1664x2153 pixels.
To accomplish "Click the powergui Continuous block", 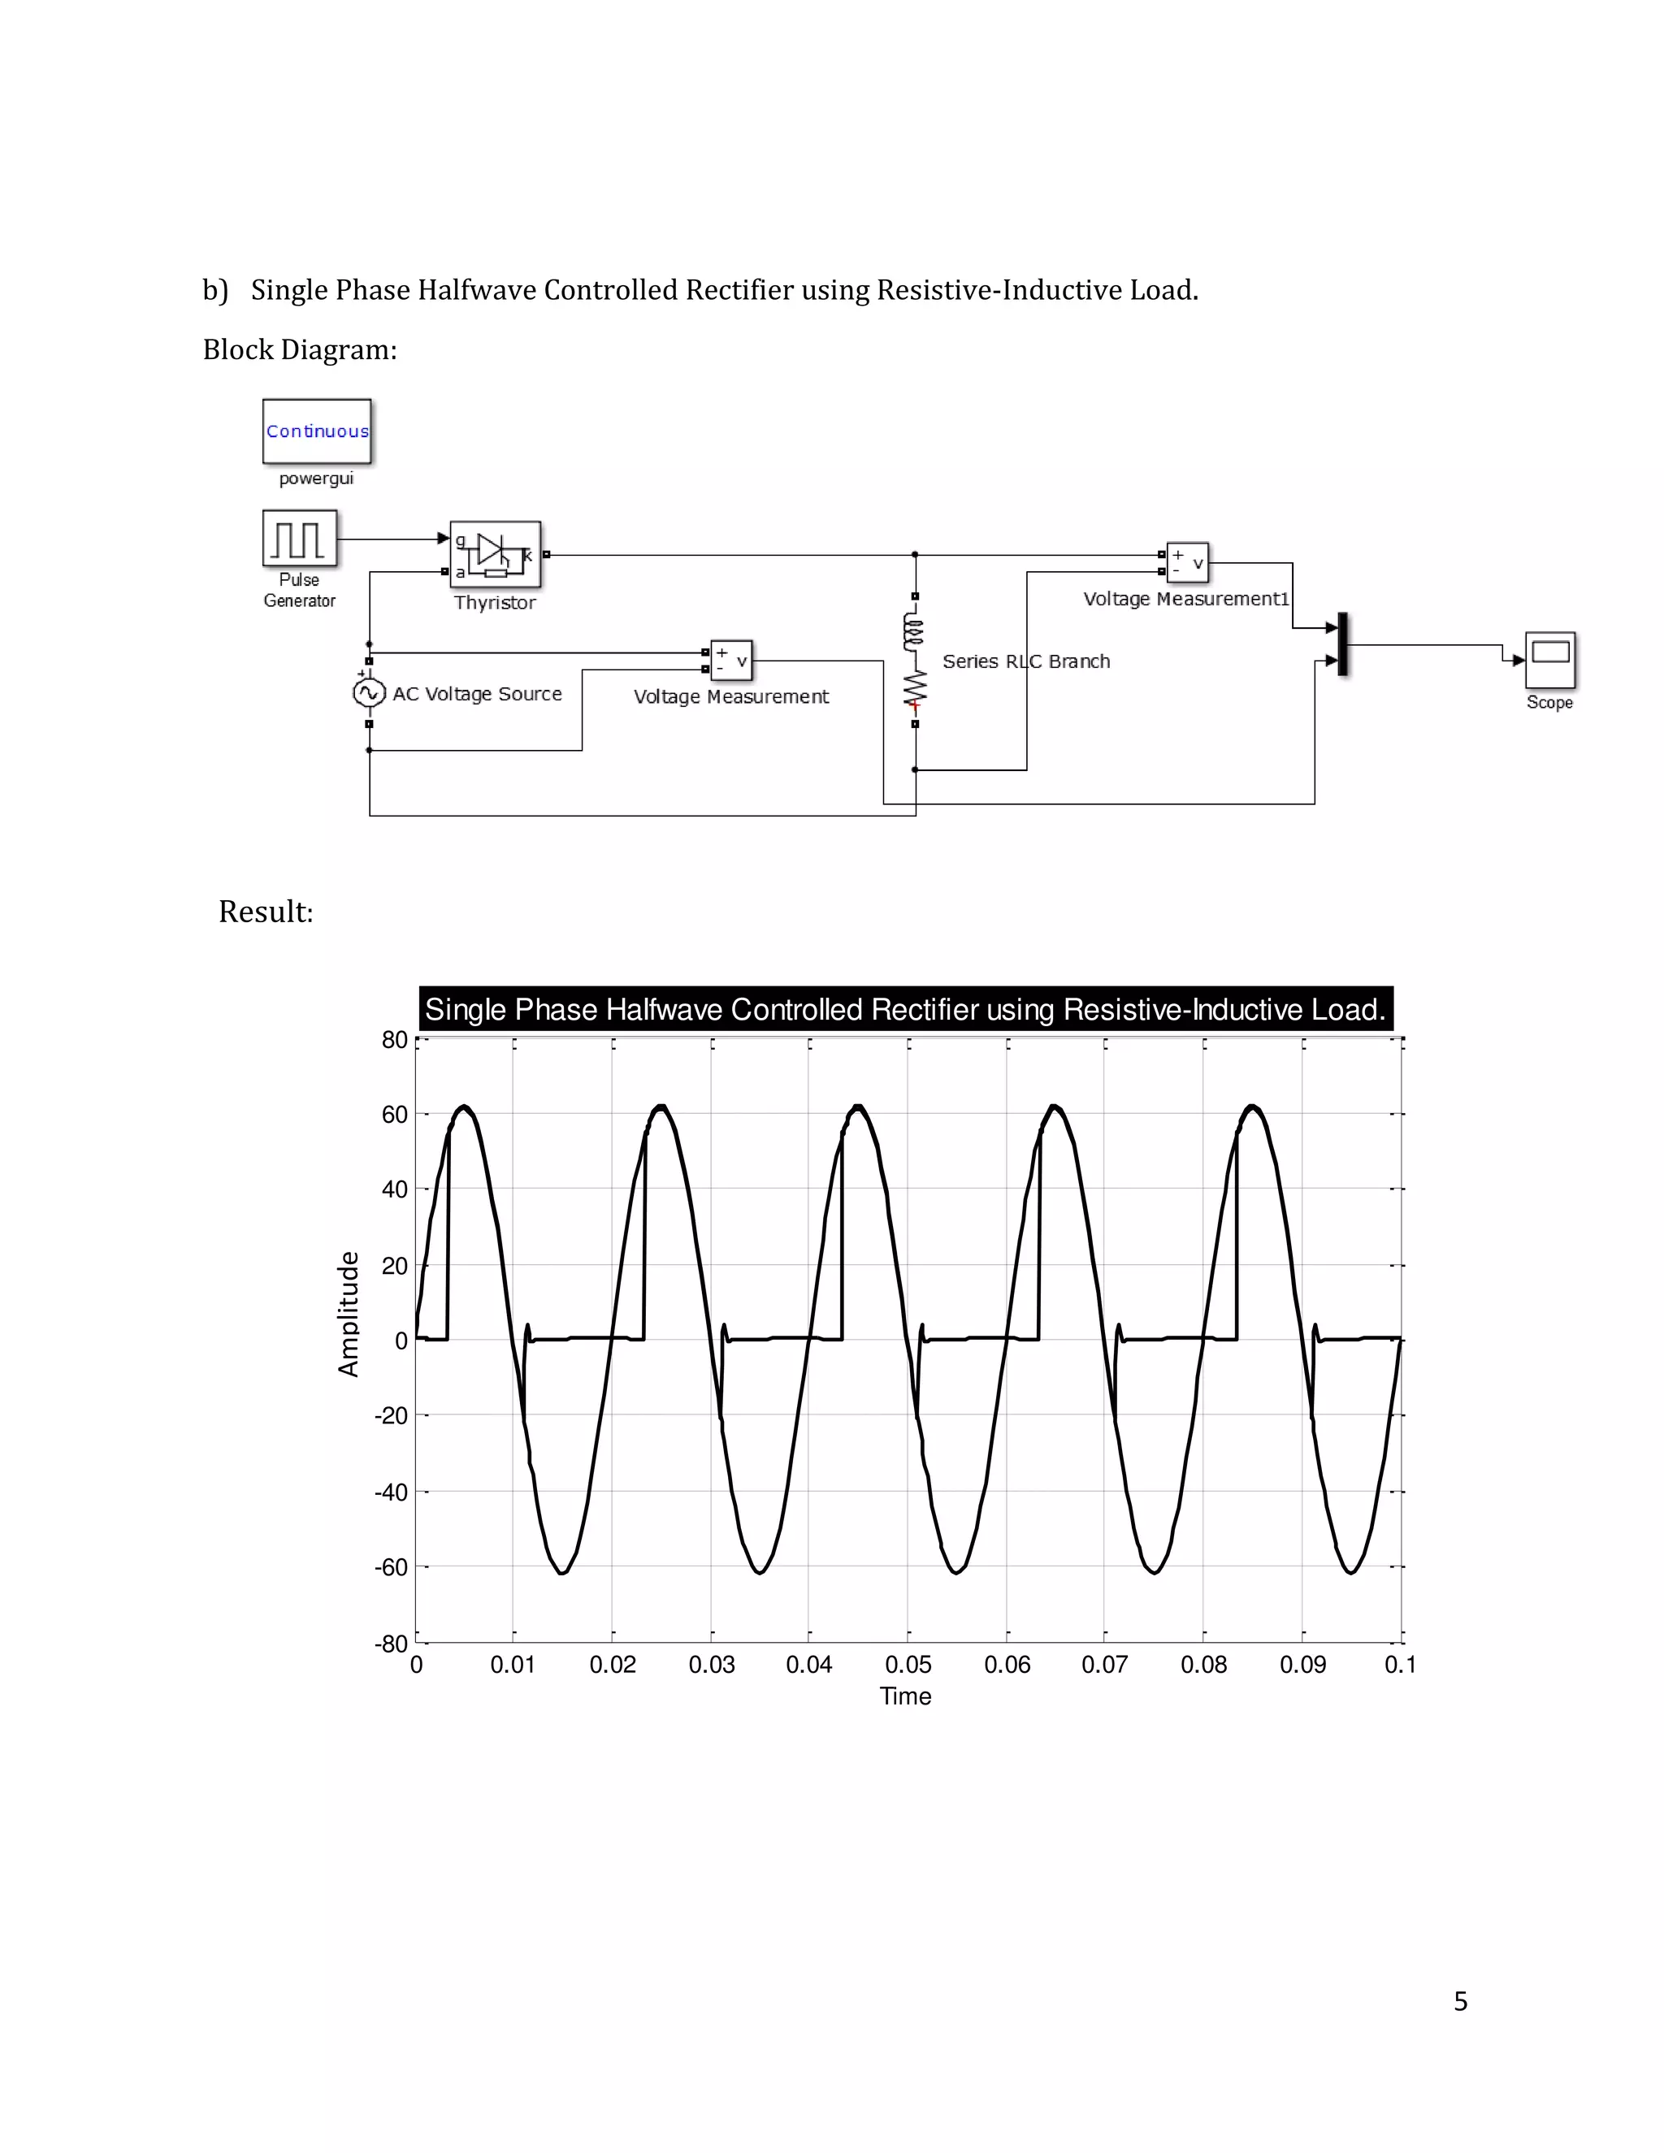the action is [316, 431].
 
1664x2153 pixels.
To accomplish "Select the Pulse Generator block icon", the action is [299, 538].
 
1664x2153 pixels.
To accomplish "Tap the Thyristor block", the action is [495, 554].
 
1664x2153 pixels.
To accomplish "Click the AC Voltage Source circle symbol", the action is [369, 693].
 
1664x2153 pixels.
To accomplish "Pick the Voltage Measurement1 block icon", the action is [1187, 563].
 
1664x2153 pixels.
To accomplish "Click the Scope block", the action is [1549, 660].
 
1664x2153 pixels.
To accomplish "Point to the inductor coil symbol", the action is [915, 632].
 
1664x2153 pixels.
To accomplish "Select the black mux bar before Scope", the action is [1342, 645].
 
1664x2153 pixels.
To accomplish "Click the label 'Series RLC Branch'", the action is [1025, 661].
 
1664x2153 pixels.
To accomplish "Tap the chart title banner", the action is [905, 1009].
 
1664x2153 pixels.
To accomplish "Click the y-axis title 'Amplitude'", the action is [348, 1313].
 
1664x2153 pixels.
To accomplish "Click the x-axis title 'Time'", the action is [905, 1696].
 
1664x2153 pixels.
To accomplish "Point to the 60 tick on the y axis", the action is [394, 1114].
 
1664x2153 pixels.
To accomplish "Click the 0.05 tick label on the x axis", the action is [908, 1664].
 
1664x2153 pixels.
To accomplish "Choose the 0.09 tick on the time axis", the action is [1302, 1664].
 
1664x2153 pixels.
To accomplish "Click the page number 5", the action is [1460, 2001].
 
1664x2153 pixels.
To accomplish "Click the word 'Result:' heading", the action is [265, 912].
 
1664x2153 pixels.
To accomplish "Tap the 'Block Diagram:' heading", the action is [300, 350].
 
